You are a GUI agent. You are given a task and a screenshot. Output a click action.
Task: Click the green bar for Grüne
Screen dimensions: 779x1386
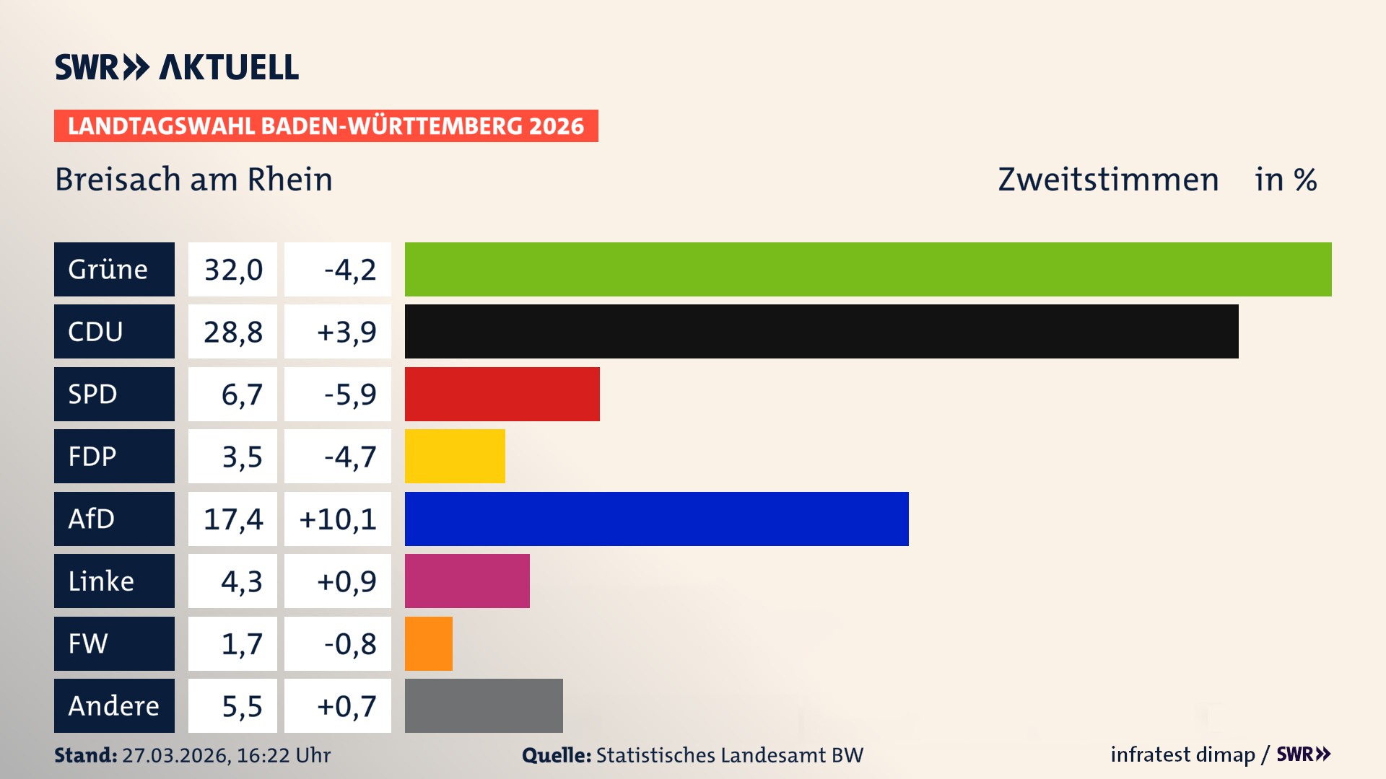(868, 269)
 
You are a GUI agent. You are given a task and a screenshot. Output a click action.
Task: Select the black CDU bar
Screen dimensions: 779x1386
(821, 332)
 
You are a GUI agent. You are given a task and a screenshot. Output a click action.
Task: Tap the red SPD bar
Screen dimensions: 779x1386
(502, 394)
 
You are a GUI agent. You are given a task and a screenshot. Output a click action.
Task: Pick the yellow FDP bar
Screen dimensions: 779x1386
(455, 457)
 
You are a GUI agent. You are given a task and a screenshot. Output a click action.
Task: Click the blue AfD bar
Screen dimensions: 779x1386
(656, 519)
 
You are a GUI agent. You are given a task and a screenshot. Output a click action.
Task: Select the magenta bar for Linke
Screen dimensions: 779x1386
(467, 581)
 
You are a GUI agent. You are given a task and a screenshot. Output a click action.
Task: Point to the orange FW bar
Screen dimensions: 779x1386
(429, 643)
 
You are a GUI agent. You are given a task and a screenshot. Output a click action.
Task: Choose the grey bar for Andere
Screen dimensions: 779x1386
(484, 705)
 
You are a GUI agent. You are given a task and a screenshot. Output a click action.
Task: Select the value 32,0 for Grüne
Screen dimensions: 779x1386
(232, 270)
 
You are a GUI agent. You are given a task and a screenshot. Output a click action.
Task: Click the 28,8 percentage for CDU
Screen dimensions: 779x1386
(232, 332)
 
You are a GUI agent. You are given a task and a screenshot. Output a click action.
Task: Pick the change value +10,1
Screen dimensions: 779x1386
(338, 519)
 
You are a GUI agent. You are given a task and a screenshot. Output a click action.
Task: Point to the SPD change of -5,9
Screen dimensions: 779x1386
(350, 395)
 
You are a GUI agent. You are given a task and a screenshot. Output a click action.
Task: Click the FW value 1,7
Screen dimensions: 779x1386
(241, 644)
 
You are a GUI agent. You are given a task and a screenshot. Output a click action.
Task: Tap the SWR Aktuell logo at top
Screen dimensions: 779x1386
(176, 67)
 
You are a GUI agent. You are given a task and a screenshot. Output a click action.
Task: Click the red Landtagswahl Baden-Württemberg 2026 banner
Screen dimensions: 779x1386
(326, 126)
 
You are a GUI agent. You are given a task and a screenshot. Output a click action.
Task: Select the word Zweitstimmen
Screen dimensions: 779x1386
(1108, 180)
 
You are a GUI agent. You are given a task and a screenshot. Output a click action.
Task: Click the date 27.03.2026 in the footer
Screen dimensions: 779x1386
(176, 755)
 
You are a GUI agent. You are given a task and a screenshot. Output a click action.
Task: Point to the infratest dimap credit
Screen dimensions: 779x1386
(1182, 754)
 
